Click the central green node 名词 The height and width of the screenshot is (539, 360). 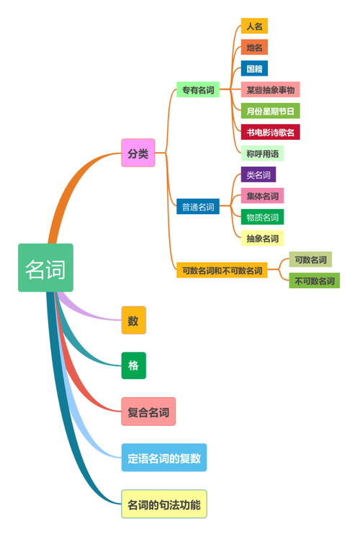click(x=45, y=268)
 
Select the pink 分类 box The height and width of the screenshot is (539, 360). click(x=138, y=153)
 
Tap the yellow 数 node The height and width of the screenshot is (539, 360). click(x=133, y=321)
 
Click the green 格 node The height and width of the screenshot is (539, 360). click(x=133, y=365)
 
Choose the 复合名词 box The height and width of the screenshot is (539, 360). click(x=148, y=412)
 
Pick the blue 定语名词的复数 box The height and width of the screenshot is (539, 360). click(x=163, y=458)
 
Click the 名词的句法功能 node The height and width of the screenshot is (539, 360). click(x=163, y=502)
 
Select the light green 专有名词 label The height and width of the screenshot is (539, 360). click(x=197, y=90)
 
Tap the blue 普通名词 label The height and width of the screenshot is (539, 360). click(x=197, y=207)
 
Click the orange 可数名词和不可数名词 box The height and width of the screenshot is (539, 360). click(x=221, y=271)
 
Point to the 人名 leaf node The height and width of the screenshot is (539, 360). click(x=254, y=26)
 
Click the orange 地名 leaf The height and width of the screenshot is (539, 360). click(x=254, y=48)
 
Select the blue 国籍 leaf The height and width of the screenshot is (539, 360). click(x=254, y=68)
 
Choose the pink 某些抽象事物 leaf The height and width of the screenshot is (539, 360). click(x=270, y=90)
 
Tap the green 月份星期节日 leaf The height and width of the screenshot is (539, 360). click(x=270, y=111)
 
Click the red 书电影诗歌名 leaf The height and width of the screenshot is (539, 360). click(x=270, y=132)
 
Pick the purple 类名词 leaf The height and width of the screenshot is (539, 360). click(x=258, y=174)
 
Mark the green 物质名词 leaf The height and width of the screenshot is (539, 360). click(x=262, y=217)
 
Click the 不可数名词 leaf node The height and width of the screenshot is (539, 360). click(x=314, y=281)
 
